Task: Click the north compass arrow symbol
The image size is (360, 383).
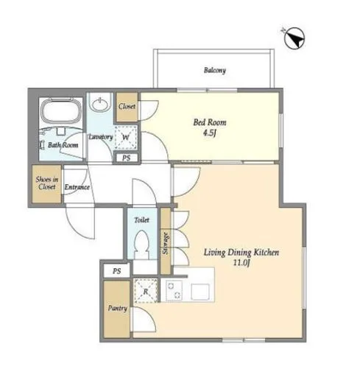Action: pos(294,38)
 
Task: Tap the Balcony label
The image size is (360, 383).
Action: pos(215,70)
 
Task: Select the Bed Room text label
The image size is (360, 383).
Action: pos(210,122)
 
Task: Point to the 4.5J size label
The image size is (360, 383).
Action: pos(210,133)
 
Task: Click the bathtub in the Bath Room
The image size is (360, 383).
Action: pos(61,110)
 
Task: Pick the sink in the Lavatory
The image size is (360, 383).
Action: pos(99,103)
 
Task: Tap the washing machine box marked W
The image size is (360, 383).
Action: pos(126,137)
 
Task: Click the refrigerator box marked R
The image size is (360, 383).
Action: pos(146,291)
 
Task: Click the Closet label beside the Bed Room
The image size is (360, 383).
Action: pos(127,107)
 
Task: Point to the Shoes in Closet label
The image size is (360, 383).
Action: pos(47,183)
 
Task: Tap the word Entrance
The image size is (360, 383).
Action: pos(77,187)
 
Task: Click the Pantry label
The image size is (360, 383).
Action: pos(118,308)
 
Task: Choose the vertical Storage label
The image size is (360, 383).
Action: pos(166,243)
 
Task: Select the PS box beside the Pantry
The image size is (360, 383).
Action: pos(117,271)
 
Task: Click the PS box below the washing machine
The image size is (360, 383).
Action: pos(127,158)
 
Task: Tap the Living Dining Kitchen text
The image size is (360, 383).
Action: pos(241,253)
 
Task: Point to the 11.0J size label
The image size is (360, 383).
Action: pos(241,263)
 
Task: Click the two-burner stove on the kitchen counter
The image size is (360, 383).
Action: pos(174,291)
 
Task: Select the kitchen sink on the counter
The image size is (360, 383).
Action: pos(200,292)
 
